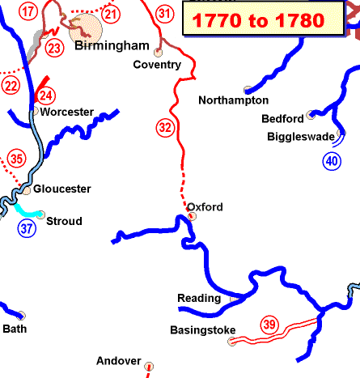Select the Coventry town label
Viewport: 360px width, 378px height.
[x=152, y=64]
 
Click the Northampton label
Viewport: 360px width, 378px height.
[x=234, y=100]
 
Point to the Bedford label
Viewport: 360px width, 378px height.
[x=283, y=119]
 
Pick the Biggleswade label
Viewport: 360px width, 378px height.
[x=301, y=136]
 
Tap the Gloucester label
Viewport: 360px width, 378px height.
[x=61, y=189]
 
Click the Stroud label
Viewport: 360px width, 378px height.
[x=65, y=221]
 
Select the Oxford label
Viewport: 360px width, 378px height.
[x=205, y=207]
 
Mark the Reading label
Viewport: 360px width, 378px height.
[x=199, y=298]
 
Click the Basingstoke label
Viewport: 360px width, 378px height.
[x=203, y=330]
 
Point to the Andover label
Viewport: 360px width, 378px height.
[x=119, y=361]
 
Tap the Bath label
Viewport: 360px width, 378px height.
[x=15, y=329]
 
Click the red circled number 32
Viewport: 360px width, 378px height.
[x=165, y=127]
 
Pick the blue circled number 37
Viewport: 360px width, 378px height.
[x=28, y=227]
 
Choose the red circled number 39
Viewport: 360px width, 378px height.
[x=269, y=325]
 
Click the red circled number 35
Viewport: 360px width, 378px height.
[x=16, y=159]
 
